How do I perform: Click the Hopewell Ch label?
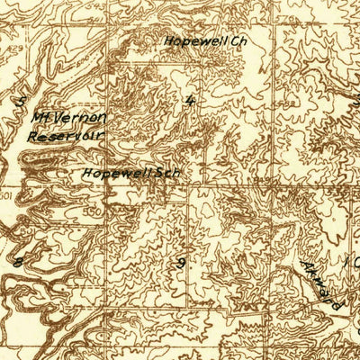(x=204, y=40)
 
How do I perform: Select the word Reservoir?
(x=67, y=135)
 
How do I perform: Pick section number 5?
(x=21, y=102)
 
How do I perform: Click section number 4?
(x=189, y=100)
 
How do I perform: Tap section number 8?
(x=17, y=262)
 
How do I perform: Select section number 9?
(x=181, y=263)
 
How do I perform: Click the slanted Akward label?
(x=322, y=285)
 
